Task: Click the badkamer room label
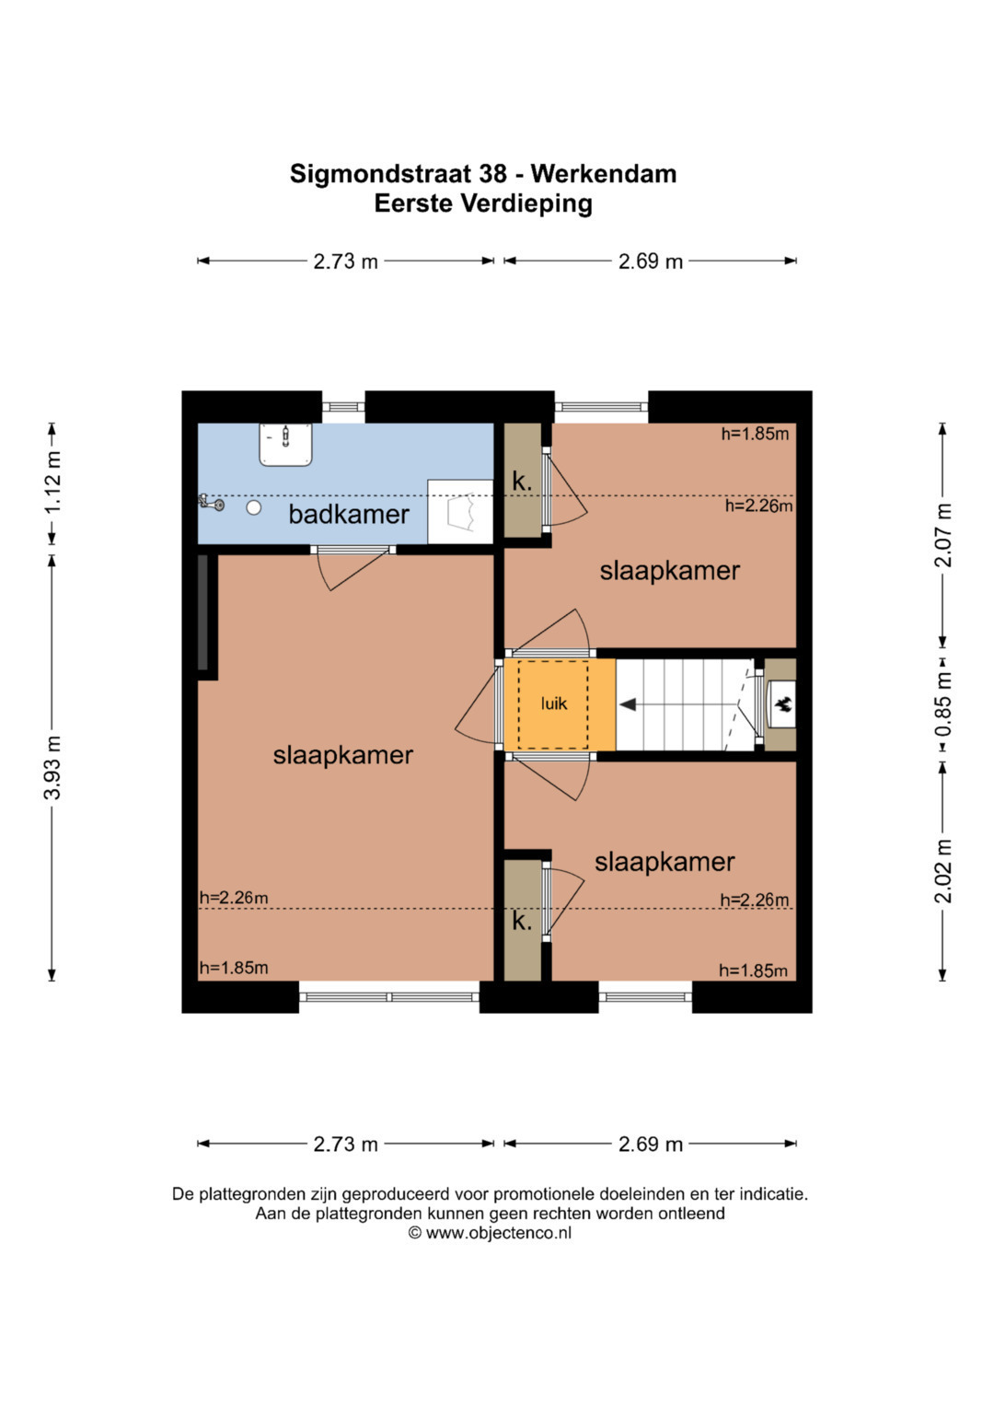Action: point(348,514)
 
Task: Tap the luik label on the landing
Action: point(553,703)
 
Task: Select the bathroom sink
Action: point(285,445)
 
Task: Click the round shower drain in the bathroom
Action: point(253,507)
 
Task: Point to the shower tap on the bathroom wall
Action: point(212,503)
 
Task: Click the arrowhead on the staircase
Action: point(628,705)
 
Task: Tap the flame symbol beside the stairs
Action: point(782,704)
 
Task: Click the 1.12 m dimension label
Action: point(52,482)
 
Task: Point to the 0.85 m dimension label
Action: point(943,704)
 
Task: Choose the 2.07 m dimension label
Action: point(943,535)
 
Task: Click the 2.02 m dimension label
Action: point(943,871)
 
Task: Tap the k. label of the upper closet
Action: point(522,482)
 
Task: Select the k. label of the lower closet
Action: point(522,921)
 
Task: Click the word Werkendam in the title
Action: point(604,174)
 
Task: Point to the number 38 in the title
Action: point(492,174)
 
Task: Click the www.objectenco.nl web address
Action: point(499,1232)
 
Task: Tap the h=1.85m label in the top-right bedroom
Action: point(755,434)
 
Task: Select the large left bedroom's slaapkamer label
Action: point(342,755)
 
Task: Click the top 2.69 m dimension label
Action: point(650,261)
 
